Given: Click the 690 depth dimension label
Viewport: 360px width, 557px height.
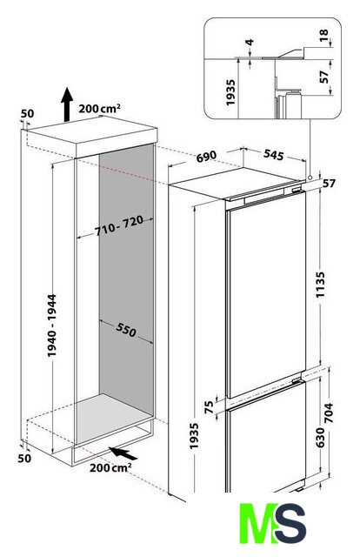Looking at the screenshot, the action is [206, 157].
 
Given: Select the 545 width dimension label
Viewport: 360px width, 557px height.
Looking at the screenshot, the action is [273, 155].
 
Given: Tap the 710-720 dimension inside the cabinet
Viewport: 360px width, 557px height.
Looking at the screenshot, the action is [119, 225].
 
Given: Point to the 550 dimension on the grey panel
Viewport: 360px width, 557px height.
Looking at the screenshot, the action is [126, 330].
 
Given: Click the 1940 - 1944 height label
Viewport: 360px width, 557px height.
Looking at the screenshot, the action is [52, 325].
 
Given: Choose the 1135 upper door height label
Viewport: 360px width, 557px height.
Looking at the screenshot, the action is [320, 285].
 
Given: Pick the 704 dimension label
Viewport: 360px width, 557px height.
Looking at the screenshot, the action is [330, 413].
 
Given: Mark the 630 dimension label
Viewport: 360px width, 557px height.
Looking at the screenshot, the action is [320, 438].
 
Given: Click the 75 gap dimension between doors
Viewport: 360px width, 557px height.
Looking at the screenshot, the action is [209, 407].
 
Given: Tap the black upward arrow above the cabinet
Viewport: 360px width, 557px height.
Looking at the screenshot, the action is [66, 104].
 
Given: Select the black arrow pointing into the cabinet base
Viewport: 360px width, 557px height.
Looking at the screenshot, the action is [123, 453].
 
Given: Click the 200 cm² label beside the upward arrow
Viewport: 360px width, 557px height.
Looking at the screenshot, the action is [99, 108].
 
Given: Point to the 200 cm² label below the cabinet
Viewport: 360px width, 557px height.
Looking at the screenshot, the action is [110, 467].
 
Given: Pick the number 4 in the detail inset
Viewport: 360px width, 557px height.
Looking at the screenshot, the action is [250, 43].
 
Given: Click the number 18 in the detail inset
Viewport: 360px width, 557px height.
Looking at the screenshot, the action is [323, 36].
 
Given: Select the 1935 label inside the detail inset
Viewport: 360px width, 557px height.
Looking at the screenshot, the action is [230, 92].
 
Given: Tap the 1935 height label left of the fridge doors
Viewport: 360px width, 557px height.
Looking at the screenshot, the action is [194, 436].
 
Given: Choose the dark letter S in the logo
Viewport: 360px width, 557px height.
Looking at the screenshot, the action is [290, 523].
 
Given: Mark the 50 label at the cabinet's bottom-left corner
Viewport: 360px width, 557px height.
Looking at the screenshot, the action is [24, 459].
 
